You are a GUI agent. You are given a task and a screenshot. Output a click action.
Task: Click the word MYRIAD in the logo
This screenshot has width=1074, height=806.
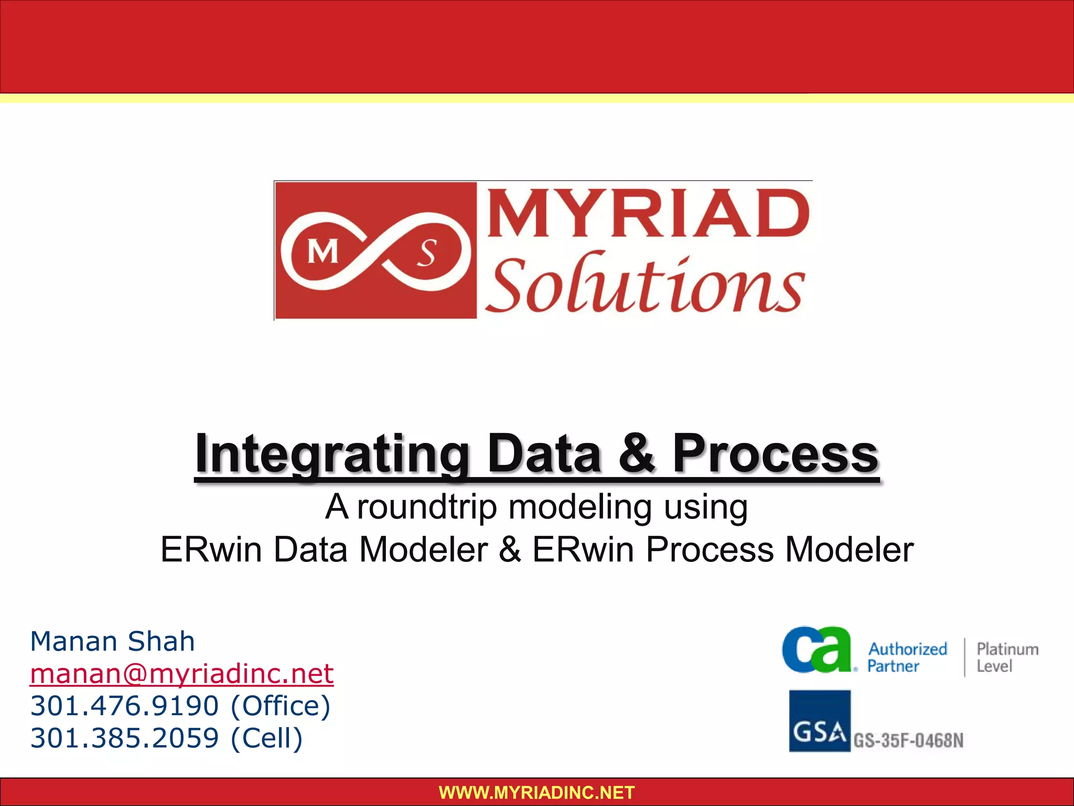(x=648, y=215)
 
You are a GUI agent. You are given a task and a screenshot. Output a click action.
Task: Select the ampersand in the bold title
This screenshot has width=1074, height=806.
(x=637, y=454)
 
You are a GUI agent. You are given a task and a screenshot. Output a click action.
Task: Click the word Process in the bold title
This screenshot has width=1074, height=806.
(x=775, y=454)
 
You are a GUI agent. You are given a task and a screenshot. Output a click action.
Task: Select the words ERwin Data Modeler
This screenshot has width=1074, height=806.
(x=324, y=550)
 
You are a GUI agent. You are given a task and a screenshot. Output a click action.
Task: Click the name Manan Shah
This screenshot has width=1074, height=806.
(x=113, y=641)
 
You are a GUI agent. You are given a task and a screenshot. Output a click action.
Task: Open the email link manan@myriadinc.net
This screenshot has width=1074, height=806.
(x=181, y=674)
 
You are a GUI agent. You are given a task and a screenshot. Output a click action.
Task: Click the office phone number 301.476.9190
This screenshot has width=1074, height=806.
(x=124, y=706)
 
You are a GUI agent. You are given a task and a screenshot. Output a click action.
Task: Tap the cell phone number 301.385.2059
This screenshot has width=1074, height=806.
(x=124, y=738)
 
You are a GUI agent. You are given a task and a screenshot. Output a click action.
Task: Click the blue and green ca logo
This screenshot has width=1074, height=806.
(x=816, y=650)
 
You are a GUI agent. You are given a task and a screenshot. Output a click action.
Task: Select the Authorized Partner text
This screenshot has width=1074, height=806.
(x=907, y=657)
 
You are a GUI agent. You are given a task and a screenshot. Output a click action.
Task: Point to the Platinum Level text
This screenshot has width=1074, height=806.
(x=1007, y=657)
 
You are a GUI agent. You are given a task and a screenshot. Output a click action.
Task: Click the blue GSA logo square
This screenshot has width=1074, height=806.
(x=820, y=721)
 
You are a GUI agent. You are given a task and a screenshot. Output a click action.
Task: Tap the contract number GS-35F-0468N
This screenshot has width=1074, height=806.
(x=908, y=740)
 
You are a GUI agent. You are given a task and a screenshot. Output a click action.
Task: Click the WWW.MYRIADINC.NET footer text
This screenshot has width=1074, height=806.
(x=536, y=792)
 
